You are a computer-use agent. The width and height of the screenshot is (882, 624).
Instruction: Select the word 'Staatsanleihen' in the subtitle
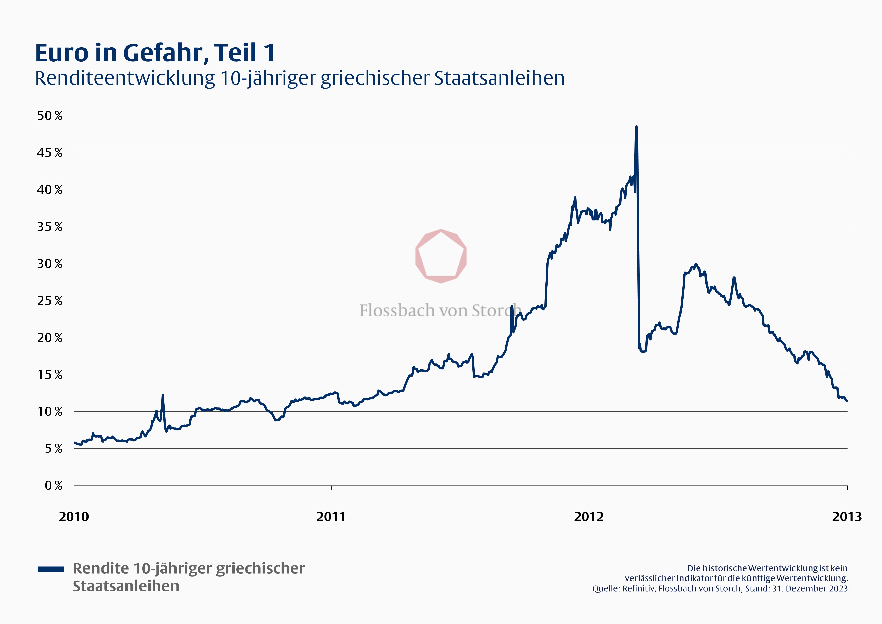click(x=499, y=78)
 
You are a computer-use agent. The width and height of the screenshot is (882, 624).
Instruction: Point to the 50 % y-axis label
click(x=50, y=116)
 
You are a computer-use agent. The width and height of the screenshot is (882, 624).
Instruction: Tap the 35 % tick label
click(x=50, y=227)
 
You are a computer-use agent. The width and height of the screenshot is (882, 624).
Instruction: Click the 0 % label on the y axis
click(x=53, y=486)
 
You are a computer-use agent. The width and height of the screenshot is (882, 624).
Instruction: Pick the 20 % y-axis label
click(x=50, y=338)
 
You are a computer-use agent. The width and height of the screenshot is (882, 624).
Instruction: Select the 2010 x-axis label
click(x=74, y=516)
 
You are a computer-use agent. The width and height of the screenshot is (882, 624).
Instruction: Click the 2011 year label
click(x=331, y=516)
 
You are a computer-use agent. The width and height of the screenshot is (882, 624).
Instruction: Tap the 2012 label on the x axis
click(x=589, y=516)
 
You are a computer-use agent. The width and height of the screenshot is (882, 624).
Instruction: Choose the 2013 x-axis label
click(x=847, y=516)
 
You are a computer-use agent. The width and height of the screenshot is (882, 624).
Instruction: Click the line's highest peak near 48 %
click(x=636, y=127)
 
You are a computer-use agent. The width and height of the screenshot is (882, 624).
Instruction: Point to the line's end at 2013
click(x=847, y=401)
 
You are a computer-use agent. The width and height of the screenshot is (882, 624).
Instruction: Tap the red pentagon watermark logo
click(x=441, y=256)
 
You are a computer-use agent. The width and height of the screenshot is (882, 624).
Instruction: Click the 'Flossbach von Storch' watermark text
click(x=440, y=310)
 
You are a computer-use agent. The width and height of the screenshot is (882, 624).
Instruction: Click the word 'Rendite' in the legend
click(x=101, y=568)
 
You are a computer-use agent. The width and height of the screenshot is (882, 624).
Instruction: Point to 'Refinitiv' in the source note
click(x=638, y=588)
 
